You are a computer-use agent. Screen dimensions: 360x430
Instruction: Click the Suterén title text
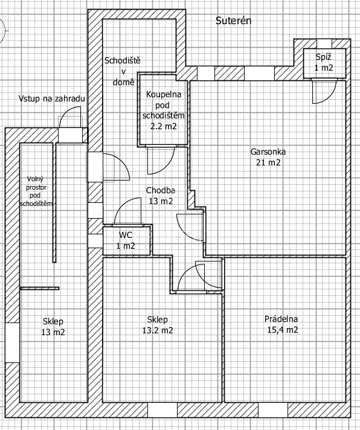coord(233,21)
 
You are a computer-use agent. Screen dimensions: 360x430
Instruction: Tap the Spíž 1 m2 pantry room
coord(324,63)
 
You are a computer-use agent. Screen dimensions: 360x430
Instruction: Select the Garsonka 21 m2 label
coord(268,157)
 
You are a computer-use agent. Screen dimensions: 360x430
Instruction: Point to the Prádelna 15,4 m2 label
coord(281,324)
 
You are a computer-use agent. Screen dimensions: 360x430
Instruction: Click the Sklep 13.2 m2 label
coord(158,325)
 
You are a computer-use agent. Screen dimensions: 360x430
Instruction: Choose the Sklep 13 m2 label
coord(53,327)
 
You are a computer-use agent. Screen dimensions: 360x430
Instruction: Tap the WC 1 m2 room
coord(126,240)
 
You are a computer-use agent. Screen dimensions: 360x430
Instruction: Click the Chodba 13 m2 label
coord(161,196)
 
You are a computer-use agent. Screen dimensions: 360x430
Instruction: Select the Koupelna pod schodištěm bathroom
coord(163,110)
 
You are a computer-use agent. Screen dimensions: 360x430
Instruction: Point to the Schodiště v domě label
coord(123,71)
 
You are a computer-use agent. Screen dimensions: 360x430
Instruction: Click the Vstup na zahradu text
coord(52,98)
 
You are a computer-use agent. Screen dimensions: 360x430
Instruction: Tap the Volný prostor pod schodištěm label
coord(36,191)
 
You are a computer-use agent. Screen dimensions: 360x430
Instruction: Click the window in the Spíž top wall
coord(324,43)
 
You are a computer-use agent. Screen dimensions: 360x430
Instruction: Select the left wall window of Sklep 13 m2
coord(12,342)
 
